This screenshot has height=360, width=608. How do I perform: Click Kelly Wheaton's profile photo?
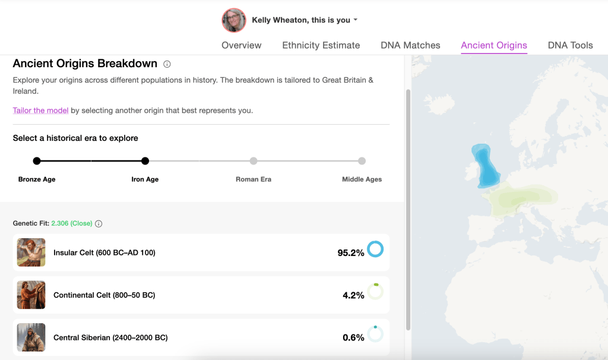(234, 20)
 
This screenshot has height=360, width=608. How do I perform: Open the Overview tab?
(242, 45)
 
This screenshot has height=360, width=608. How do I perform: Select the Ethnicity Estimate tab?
(321, 45)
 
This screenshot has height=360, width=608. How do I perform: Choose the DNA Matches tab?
(410, 45)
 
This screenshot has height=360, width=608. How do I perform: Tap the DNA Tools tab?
(570, 45)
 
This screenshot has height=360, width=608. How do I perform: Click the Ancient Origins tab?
(494, 45)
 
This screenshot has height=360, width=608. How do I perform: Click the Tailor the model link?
(40, 110)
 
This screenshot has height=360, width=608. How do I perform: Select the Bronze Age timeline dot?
(37, 161)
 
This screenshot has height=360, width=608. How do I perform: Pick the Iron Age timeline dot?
(145, 161)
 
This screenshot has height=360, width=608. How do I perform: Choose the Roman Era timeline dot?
(254, 161)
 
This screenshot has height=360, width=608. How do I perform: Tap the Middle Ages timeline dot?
(362, 161)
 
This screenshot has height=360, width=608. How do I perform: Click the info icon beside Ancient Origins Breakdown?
(167, 64)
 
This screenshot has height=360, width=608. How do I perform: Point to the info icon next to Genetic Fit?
(99, 224)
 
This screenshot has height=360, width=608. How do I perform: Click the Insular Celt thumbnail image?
(31, 252)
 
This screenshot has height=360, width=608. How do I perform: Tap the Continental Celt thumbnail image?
(31, 295)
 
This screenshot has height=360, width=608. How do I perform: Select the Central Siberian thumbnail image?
(31, 337)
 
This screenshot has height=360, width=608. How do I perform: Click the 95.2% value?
(350, 253)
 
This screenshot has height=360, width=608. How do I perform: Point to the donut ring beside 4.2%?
(375, 292)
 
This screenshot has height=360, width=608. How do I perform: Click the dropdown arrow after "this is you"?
(356, 20)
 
